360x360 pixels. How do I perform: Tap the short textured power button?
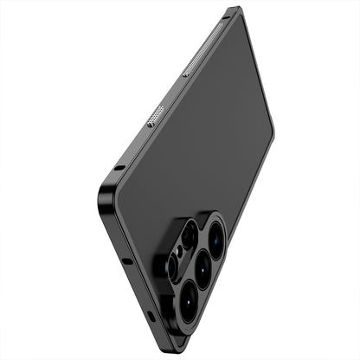pos(156,115)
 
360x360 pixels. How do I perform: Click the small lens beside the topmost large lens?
pos(188,235)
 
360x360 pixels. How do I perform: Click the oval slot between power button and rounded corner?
pos(119,167)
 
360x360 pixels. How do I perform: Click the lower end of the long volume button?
pos(185,74)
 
